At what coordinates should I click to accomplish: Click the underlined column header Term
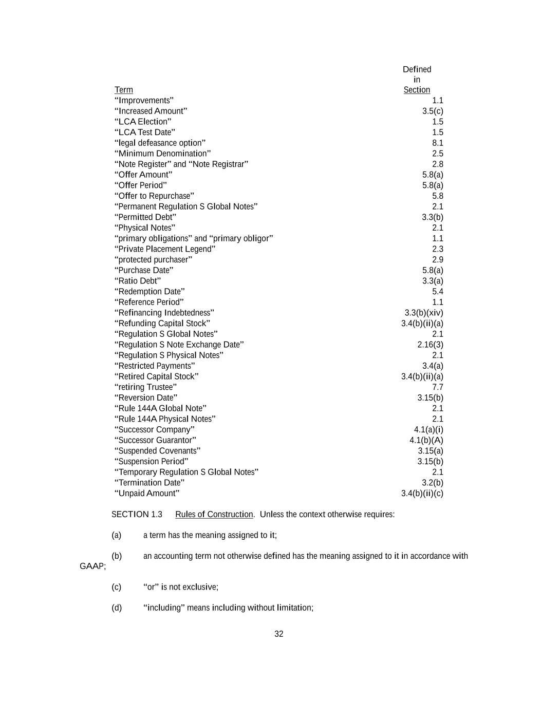click(124, 90)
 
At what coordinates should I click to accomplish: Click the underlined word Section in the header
click(417, 90)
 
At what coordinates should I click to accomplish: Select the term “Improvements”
click(144, 101)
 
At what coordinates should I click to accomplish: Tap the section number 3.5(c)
click(433, 111)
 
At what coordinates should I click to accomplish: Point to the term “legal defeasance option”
click(160, 143)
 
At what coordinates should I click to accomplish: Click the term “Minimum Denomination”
click(163, 154)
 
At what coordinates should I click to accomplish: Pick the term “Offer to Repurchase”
click(155, 196)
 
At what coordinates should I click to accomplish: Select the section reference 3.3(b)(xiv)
click(424, 313)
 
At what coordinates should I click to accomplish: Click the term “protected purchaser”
click(154, 260)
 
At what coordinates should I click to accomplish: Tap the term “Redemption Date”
click(150, 292)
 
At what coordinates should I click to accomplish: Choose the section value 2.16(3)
click(430, 345)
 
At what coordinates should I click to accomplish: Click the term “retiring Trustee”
click(146, 387)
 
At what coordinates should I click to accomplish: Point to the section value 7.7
click(438, 387)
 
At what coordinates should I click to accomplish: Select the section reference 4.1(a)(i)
click(428, 430)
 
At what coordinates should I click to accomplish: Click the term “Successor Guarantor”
click(156, 440)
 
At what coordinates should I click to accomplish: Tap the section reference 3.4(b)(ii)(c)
click(422, 494)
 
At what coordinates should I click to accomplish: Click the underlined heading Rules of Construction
click(214, 515)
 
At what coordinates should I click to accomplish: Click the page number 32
click(279, 634)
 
